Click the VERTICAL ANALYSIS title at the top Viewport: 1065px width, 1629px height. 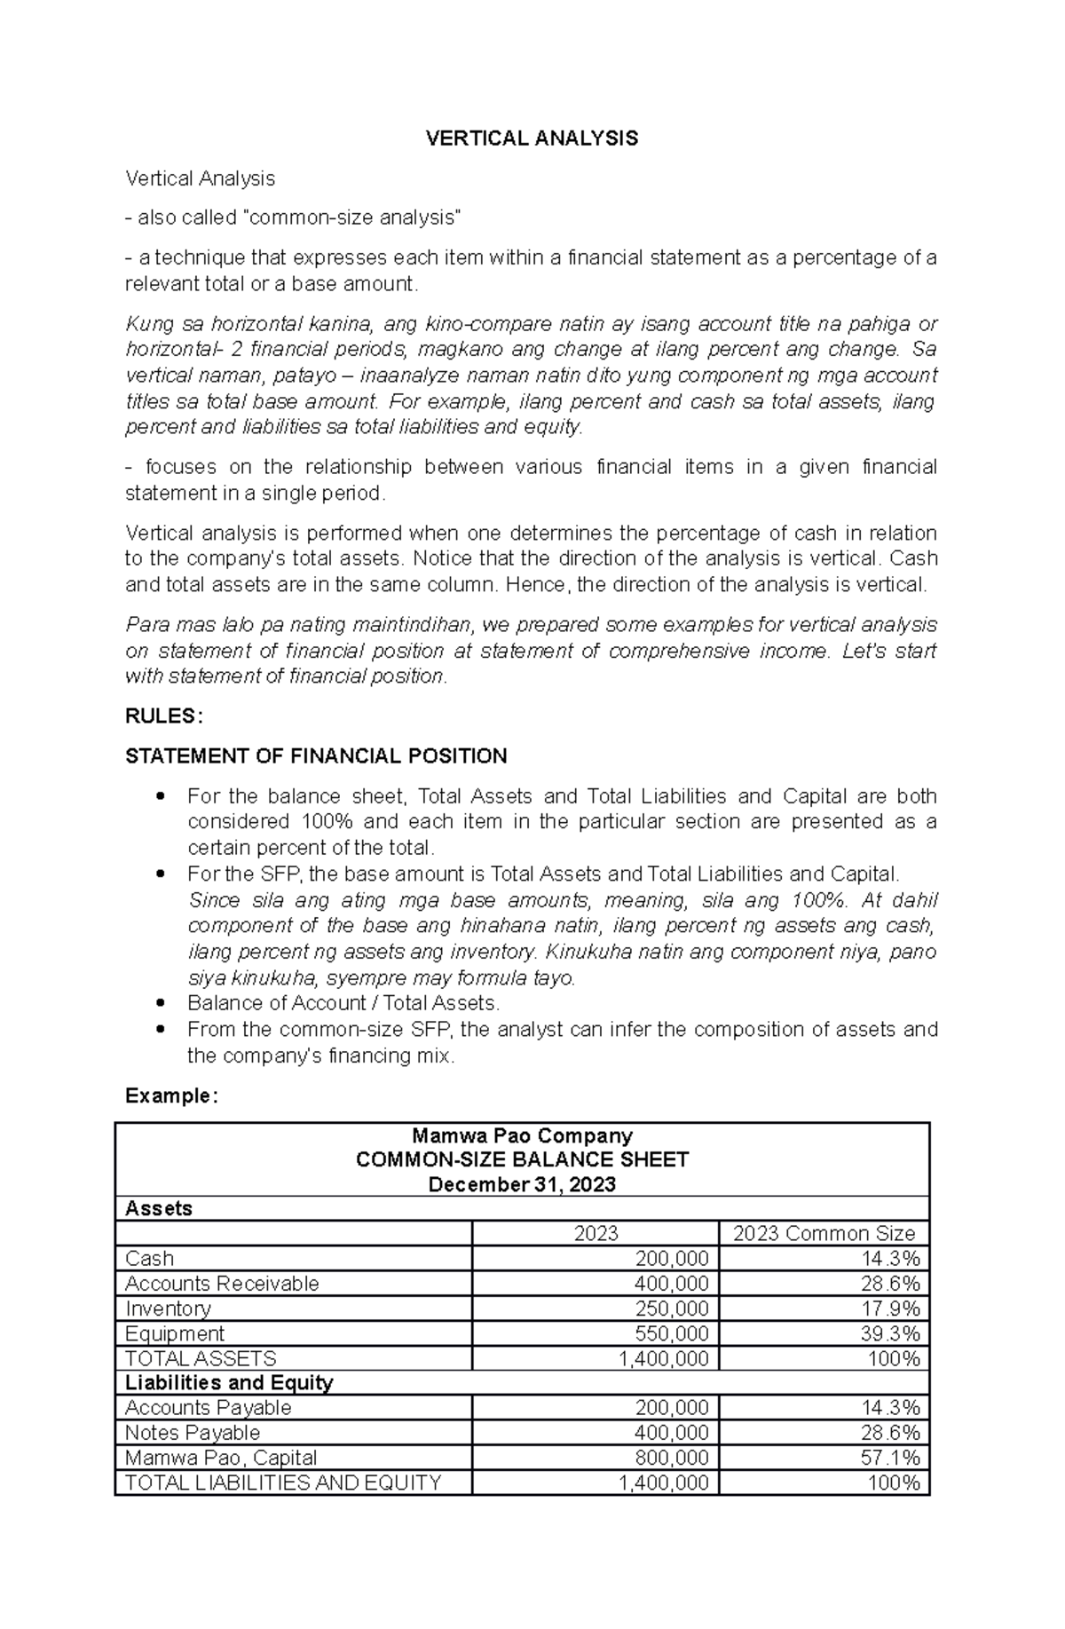click(x=532, y=138)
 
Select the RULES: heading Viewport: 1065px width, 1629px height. click(x=164, y=716)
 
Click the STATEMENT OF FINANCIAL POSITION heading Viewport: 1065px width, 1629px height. click(x=316, y=756)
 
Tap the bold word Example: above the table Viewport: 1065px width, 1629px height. click(x=170, y=1095)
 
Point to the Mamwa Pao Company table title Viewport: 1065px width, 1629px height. click(x=522, y=1135)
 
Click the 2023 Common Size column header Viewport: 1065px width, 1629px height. click(x=824, y=1233)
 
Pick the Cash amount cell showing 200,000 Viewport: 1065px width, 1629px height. click(x=671, y=1259)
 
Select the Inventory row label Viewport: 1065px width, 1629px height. click(x=169, y=1309)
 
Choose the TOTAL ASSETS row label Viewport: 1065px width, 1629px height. click(x=201, y=1358)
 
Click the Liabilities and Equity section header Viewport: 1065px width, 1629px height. click(x=229, y=1382)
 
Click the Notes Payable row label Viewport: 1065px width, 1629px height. click(x=193, y=1433)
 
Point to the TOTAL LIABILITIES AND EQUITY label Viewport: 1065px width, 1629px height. click(x=283, y=1483)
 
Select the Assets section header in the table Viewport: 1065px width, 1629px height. click(x=159, y=1208)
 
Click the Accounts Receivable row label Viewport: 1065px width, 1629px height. click(x=222, y=1284)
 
